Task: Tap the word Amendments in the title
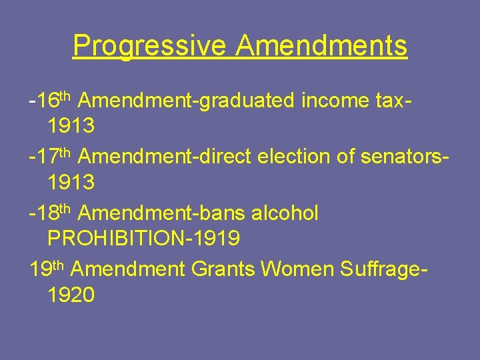(321, 46)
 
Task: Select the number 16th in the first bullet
(53, 101)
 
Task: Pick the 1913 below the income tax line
(71, 125)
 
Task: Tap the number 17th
(53, 157)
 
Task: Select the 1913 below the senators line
(71, 181)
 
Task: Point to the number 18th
(53, 213)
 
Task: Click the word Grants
(223, 270)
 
